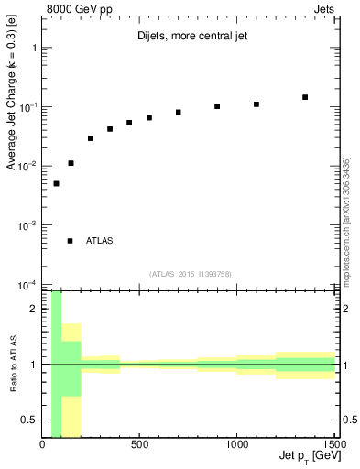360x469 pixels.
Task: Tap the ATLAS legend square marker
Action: pos(71,241)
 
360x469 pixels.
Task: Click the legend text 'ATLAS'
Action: pos(100,241)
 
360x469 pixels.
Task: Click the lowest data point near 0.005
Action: pos(56,183)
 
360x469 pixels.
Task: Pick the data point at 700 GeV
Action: pos(179,112)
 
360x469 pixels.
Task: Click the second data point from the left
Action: pos(71,163)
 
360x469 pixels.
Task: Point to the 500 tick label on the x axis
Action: pos(139,445)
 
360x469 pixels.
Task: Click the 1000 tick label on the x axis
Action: pos(236,445)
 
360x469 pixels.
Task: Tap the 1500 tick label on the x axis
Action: pos(333,445)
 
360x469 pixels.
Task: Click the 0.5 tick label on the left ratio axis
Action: pos(29,420)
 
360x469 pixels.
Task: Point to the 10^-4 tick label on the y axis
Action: pos(26,284)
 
